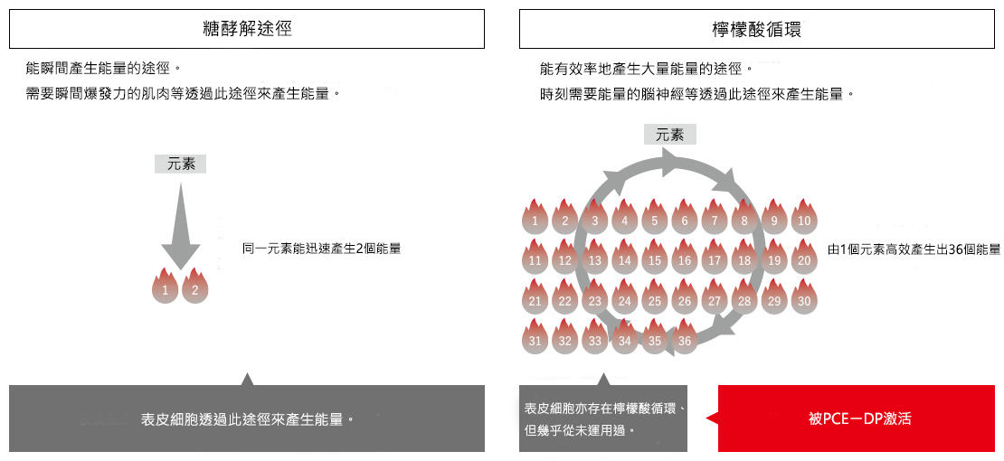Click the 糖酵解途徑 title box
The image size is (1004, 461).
(x=247, y=30)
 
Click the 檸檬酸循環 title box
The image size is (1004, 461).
(x=757, y=30)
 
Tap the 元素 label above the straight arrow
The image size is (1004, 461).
(x=181, y=164)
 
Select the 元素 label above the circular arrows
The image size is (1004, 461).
(x=669, y=135)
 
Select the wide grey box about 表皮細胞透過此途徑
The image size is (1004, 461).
(x=247, y=419)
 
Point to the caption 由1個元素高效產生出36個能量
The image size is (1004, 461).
(x=914, y=249)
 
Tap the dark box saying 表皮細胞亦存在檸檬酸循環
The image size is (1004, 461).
(x=603, y=419)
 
